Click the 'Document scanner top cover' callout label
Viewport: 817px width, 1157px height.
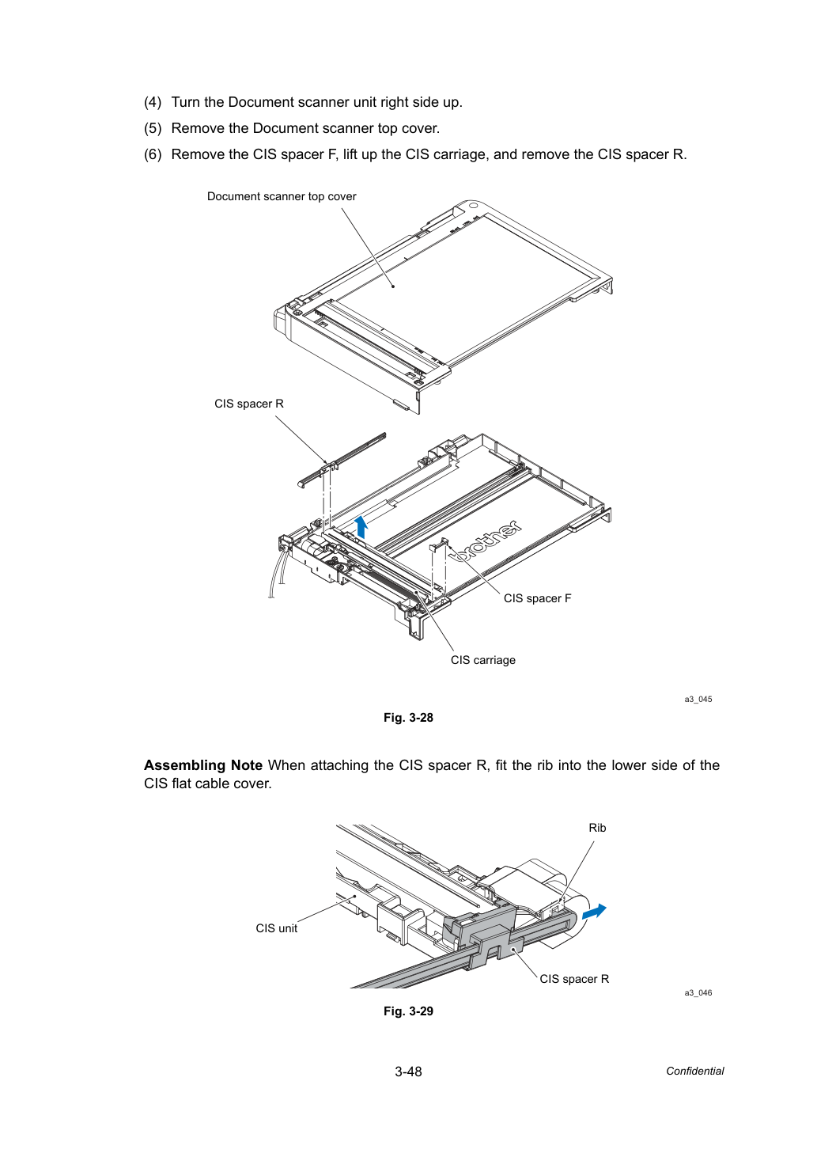282,196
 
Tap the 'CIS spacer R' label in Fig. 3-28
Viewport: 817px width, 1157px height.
249,404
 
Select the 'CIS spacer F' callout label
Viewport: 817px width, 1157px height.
537,598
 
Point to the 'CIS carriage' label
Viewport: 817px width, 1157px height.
482,660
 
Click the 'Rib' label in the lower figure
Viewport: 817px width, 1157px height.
597,828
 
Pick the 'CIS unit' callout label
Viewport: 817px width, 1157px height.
277,928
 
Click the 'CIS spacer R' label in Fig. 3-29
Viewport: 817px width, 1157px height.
574,979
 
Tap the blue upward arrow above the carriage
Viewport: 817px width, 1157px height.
362,526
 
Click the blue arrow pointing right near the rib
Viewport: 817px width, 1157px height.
594,912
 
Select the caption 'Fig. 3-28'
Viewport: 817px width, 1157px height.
408,718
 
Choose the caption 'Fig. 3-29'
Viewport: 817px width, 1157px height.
408,1011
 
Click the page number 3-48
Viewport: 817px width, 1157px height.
408,1072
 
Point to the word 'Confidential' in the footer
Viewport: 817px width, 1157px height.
694,1072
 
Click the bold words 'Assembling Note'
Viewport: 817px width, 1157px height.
202,765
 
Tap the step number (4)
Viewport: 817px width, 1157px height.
153,102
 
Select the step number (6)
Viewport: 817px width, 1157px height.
153,154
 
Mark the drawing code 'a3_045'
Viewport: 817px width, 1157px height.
698,699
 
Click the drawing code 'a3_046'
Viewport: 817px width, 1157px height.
698,992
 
